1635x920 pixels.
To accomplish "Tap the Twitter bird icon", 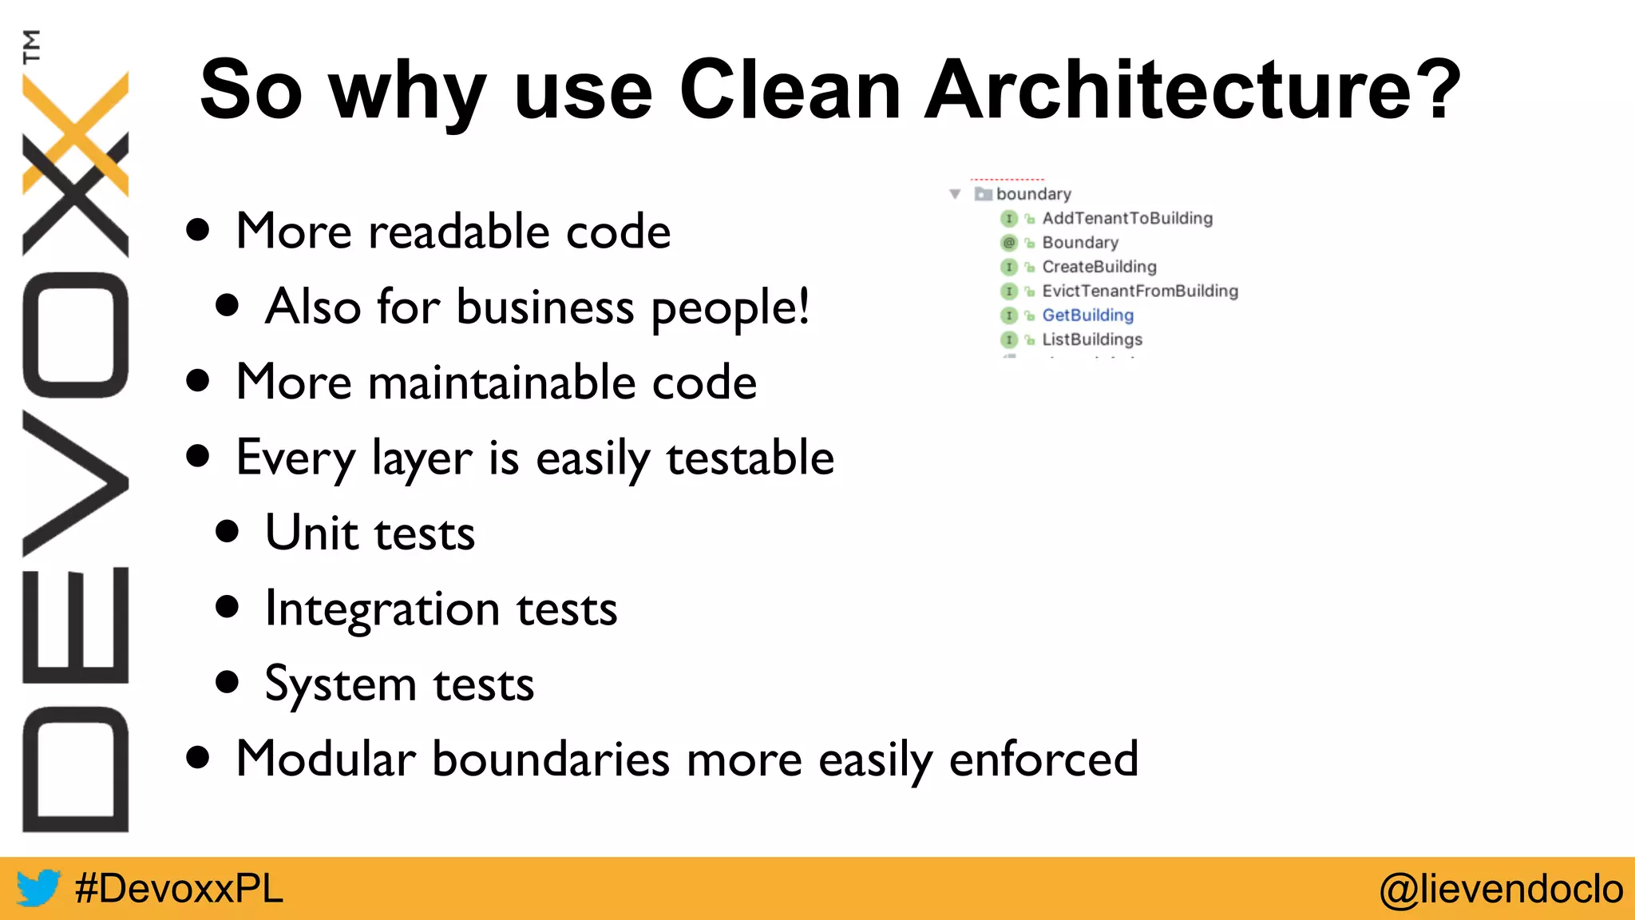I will (x=38, y=888).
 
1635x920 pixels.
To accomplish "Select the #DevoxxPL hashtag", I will (x=179, y=888).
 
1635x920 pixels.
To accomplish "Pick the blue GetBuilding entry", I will (x=1087, y=315).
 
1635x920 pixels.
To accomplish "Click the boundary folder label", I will (x=1033, y=194).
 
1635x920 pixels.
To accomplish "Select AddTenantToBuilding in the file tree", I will (x=1126, y=218).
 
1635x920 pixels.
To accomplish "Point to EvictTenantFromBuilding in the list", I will (x=1139, y=291).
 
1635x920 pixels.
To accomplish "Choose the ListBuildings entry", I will (x=1091, y=339).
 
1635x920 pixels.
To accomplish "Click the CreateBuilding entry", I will (x=1099, y=267).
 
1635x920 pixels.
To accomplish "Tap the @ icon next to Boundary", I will (x=1009, y=243).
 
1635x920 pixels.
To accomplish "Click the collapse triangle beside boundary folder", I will (x=955, y=194).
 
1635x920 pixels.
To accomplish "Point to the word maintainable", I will (x=501, y=382).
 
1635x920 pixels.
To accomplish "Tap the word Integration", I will (x=382, y=609).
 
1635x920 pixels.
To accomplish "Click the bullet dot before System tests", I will (x=228, y=682).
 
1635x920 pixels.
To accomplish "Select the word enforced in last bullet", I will (x=1043, y=759).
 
